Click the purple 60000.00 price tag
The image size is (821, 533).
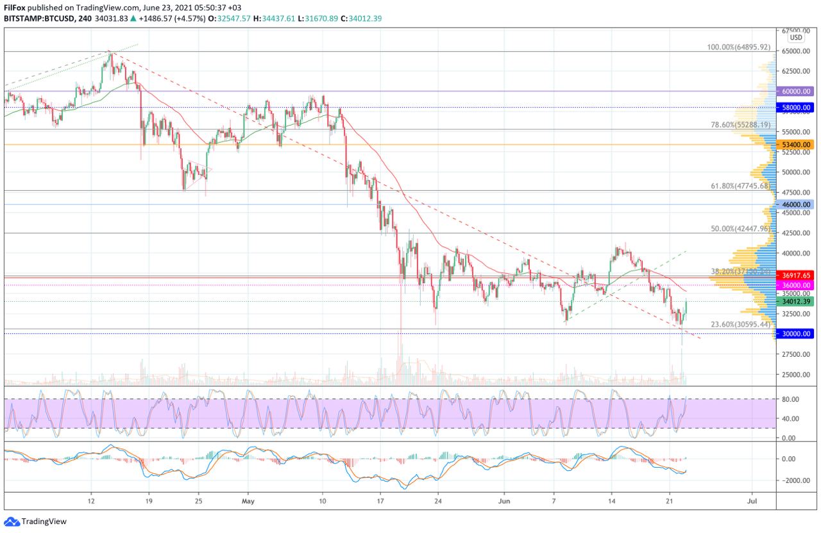click(797, 92)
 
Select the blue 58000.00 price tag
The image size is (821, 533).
click(797, 108)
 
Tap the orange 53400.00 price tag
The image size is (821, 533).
click(797, 145)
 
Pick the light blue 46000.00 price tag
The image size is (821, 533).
click(797, 204)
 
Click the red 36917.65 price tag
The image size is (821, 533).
click(797, 275)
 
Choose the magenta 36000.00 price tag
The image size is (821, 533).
click(797, 284)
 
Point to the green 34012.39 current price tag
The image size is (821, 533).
click(797, 301)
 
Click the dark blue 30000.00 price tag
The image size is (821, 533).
click(797, 333)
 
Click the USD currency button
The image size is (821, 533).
click(795, 38)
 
